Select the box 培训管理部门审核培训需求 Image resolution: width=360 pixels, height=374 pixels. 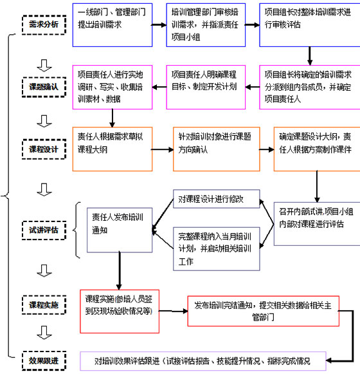pyautogui.click(x=206, y=24)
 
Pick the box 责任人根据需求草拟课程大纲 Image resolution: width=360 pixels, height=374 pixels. pyautogui.click(x=113, y=148)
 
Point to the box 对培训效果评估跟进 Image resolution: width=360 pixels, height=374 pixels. pyautogui.click(x=203, y=360)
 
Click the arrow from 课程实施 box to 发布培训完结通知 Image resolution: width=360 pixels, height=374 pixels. pyautogui.click(x=174, y=306)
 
